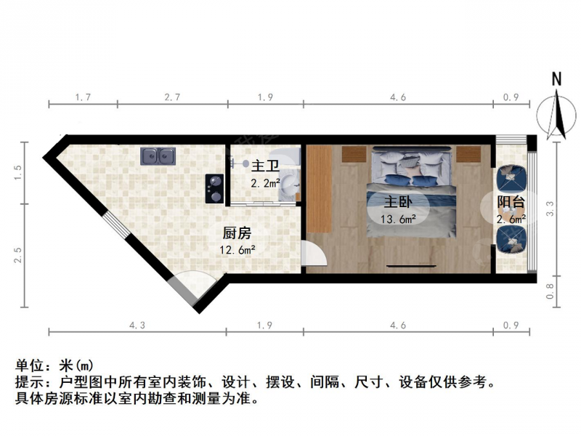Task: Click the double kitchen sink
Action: [158, 156]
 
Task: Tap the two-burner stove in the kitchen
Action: [215, 188]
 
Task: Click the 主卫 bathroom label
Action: [265, 166]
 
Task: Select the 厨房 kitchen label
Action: [237, 233]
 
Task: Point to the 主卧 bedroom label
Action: [398, 202]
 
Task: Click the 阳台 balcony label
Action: [511, 202]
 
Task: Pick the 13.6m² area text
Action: [398, 219]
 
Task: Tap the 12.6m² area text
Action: [237, 249]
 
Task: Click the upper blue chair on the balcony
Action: [512, 178]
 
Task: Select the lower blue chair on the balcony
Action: [512, 240]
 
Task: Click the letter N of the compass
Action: [556, 79]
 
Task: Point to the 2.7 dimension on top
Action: [172, 97]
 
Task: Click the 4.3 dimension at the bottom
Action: [137, 326]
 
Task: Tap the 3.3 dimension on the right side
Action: [550, 209]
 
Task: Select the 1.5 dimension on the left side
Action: [17, 173]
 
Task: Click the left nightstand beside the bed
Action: [354, 154]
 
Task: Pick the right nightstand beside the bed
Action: [468, 154]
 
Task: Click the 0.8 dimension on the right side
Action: [550, 291]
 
